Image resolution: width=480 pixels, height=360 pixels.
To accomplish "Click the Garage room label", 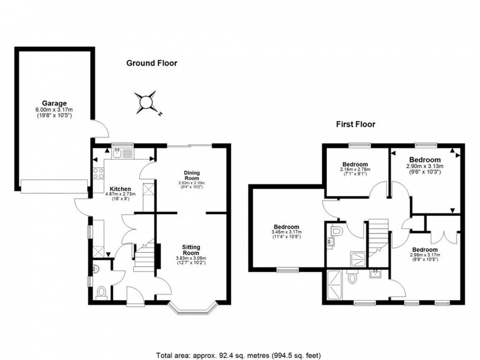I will pos(54,103).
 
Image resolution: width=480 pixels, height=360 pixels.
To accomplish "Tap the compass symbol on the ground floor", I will pos(146,102).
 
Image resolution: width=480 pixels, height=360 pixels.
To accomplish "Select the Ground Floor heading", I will pos(152,63).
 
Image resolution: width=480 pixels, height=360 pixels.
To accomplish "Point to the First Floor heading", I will pos(355,124).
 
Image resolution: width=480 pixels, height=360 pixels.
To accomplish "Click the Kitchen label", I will pos(120,189).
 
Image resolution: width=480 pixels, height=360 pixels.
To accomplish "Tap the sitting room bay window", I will pos(193,308).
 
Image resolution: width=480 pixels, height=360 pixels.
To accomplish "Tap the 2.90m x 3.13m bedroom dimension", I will pos(425,166).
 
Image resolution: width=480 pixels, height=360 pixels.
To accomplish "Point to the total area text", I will pos(239,355).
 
